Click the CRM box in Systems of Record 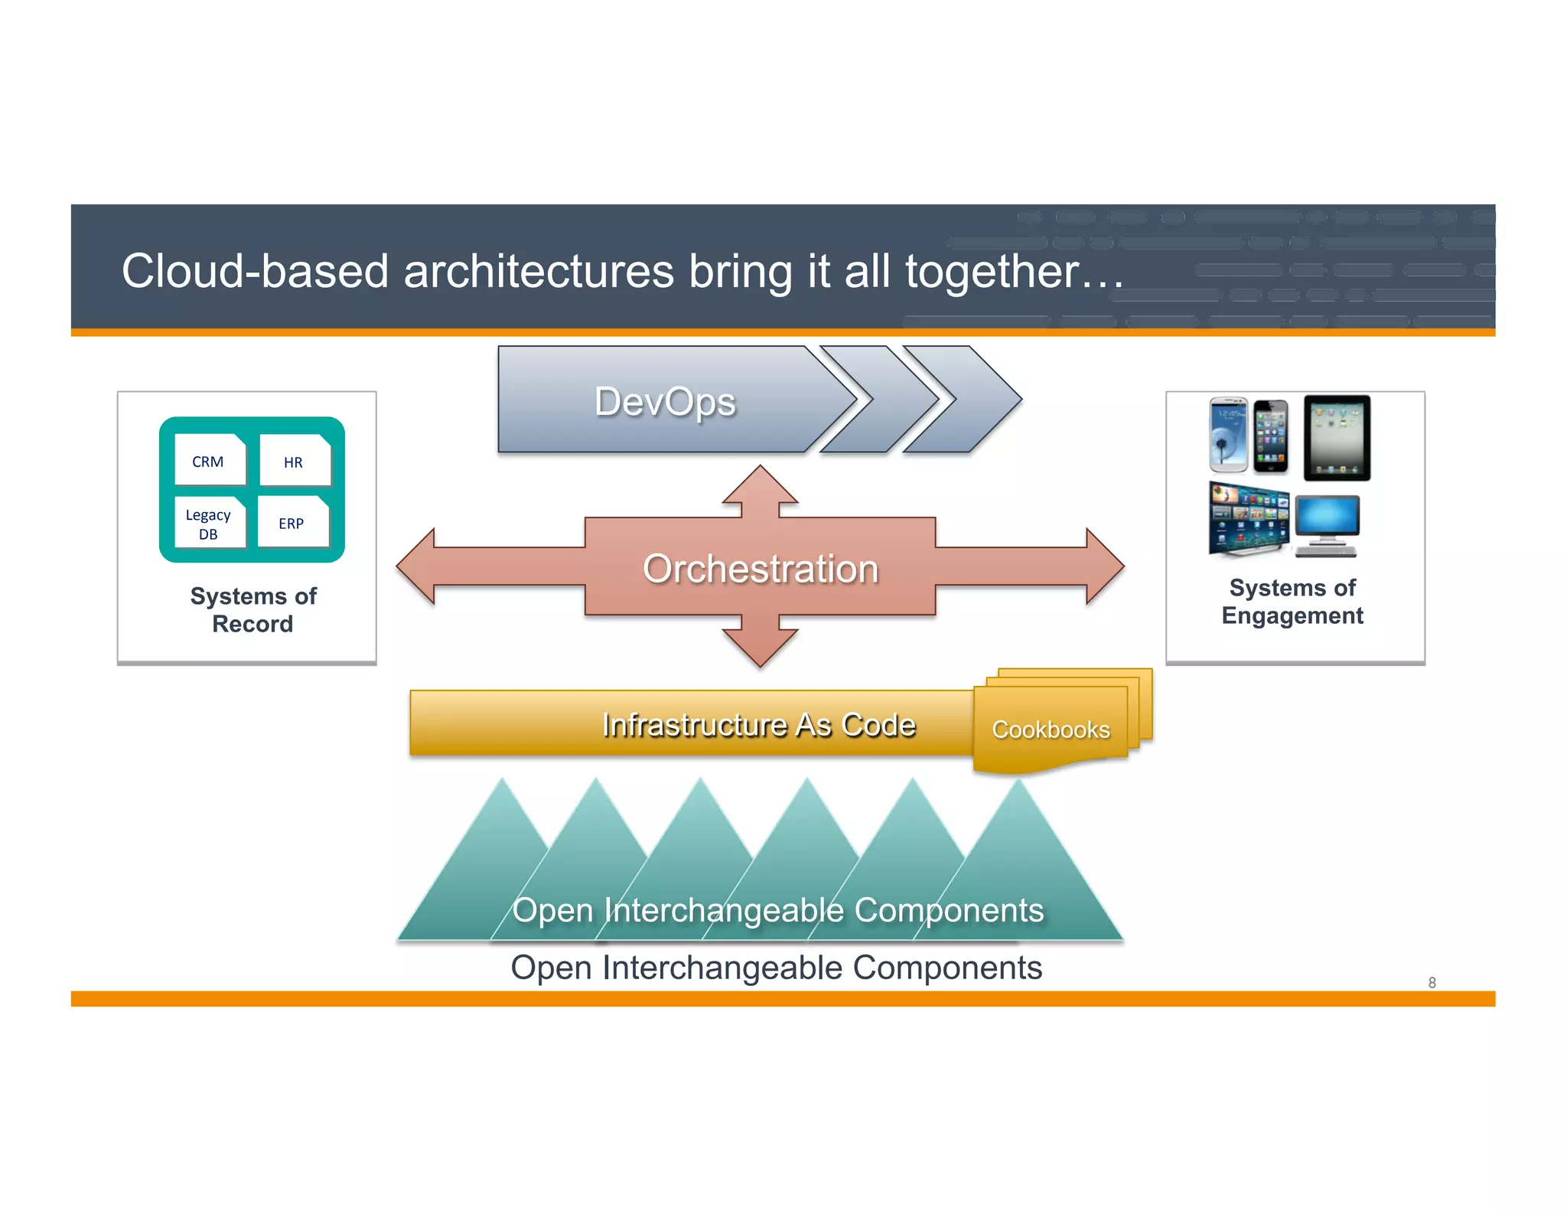[x=209, y=460]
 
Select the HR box [x=294, y=461]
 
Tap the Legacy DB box [x=209, y=524]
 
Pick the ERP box [x=292, y=523]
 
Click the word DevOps [x=664, y=401]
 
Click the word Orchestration [x=760, y=569]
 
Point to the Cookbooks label [x=1050, y=730]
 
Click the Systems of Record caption [x=252, y=609]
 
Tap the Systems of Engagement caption [x=1292, y=602]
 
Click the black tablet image [x=1336, y=437]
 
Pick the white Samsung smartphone [x=1228, y=434]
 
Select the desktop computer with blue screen [x=1328, y=525]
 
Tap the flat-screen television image [x=1247, y=517]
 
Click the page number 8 [x=1432, y=982]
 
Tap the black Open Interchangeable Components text [x=776, y=968]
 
